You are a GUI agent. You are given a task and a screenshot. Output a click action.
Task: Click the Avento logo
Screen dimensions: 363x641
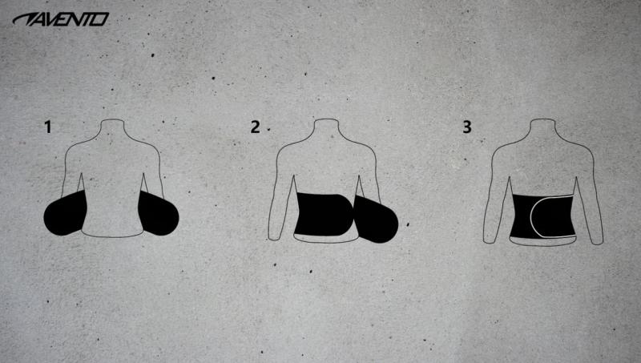pyautogui.click(x=60, y=18)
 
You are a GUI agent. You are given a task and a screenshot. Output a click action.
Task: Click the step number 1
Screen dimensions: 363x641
pyautogui.click(x=50, y=126)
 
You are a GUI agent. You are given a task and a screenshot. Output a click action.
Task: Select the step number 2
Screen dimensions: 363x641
pyautogui.click(x=255, y=126)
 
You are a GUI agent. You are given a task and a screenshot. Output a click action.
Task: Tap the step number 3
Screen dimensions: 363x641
pyautogui.click(x=466, y=126)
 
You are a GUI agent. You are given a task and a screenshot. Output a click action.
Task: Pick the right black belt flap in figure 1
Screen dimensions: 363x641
pyautogui.click(x=159, y=213)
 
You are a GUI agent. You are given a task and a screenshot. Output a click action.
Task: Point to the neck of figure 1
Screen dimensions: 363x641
pyautogui.click(x=113, y=128)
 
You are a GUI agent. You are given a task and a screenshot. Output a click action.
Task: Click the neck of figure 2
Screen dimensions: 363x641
pyautogui.click(x=325, y=128)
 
